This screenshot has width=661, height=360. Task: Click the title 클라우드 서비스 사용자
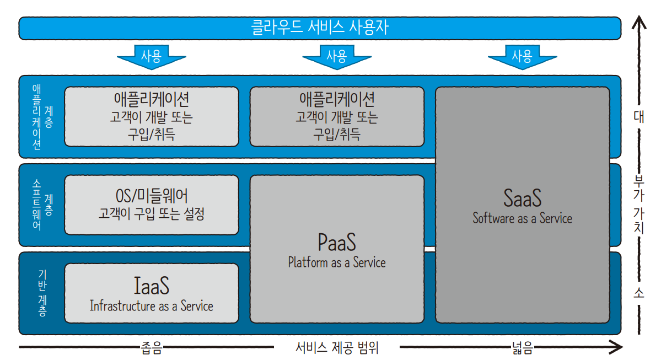(x=320, y=28)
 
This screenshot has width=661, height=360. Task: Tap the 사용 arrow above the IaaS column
(x=151, y=56)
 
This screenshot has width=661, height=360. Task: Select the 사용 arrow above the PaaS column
(x=337, y=56)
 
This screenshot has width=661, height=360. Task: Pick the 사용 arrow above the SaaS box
(x=522, y=56)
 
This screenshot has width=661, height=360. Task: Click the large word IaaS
(x=152, y=286)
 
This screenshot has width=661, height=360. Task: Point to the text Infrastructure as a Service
(x=152, y=306)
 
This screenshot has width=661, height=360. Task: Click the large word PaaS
(x=337, y=243)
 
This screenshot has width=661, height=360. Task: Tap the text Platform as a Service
(x=337, y=262)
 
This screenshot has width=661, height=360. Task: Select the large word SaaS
(x=522, y=198)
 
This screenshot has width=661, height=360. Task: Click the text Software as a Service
(x=522, y=218)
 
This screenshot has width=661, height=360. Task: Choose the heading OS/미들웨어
(x=152, y=195)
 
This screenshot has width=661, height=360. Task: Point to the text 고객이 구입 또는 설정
(x=152, y=214)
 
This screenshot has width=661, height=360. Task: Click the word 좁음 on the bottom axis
(x=151, y=347)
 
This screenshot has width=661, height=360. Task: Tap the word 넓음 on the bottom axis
(x=522, y=347)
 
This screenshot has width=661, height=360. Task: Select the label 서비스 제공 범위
(x=337, y=347)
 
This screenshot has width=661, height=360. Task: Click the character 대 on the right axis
(x=639, y=117)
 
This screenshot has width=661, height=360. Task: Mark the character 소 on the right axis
(x=639, y=293)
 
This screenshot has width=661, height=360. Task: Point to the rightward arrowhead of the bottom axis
(x=617, y=347)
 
